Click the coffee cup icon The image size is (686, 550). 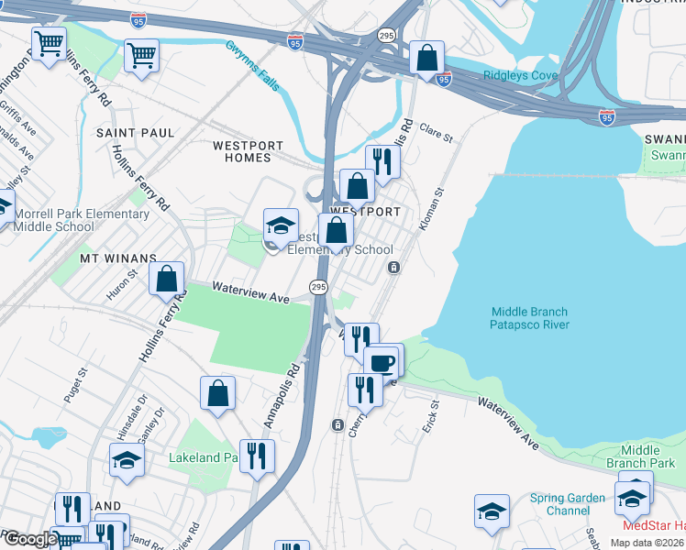tap(382, 361)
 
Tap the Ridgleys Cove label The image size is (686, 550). tap(520, 75)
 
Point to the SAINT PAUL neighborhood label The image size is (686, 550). tap(135, 133)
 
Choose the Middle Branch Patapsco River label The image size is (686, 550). tap(529, 318)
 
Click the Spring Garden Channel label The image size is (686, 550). tap(567, 504)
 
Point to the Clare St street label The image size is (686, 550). tap(437, 134)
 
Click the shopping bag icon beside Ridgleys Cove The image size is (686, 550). tap(426, 58)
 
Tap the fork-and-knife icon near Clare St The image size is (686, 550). tap(382, 161)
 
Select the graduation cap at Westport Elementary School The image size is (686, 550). tap(282, 225)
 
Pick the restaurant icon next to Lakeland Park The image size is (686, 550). tap(257, 455)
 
